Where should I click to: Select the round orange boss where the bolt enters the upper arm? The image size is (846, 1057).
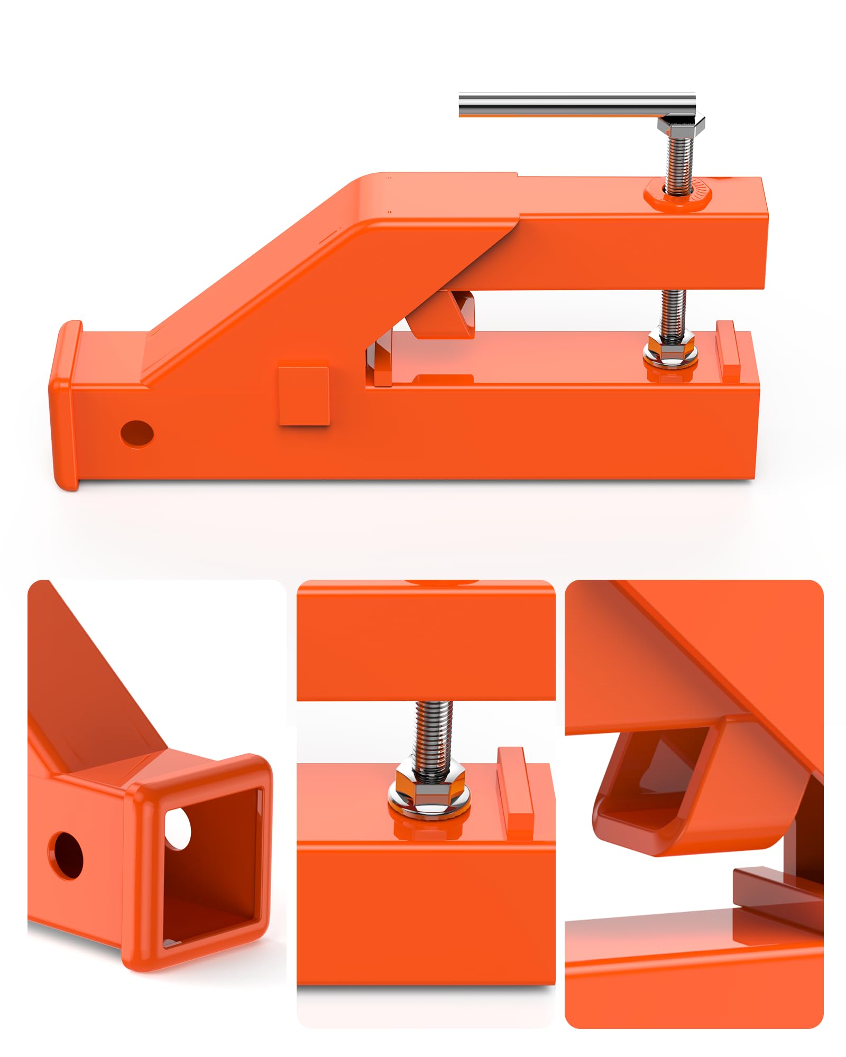coord(678,197)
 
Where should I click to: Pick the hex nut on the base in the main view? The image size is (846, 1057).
coord(670,350)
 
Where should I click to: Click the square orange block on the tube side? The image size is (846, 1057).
coord(304,393)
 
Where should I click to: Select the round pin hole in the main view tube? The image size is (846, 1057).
coord(137,433)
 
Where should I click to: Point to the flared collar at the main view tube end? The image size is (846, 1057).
coord(65,405)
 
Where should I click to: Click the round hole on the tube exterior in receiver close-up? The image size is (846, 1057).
coord(66,855)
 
